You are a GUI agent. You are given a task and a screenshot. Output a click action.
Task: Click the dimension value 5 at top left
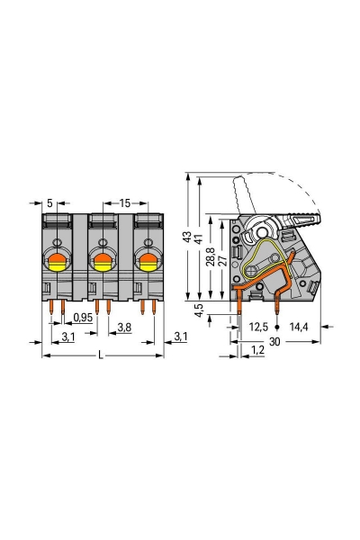pos(50,202)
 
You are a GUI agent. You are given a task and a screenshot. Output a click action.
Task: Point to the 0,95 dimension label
pos(83,317)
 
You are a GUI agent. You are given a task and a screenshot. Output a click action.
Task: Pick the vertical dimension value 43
pos(186,238)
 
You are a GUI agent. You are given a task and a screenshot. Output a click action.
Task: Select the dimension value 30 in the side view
pos(273,341)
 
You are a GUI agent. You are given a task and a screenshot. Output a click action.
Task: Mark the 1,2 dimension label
pos(258,348)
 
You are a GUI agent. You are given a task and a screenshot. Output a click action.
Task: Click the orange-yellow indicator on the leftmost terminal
pos(56,262)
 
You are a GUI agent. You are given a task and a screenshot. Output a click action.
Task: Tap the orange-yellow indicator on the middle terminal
pos(102,262)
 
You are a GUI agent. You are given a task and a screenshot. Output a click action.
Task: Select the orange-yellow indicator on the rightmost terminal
pos(146,262)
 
